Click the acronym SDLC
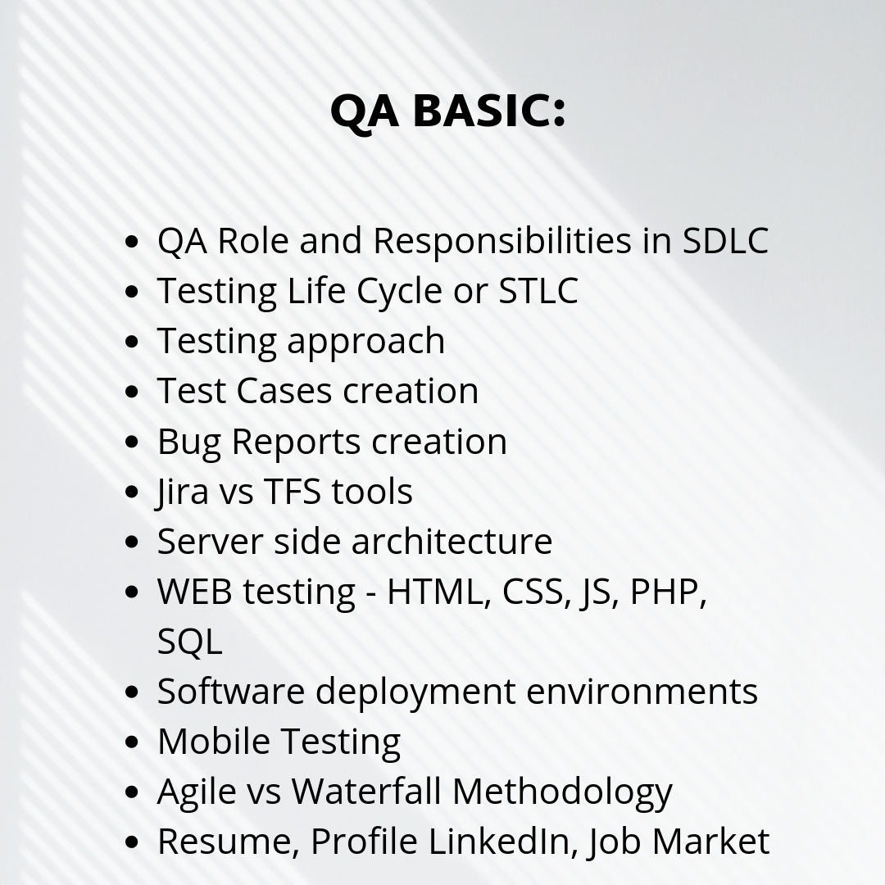(725, 240)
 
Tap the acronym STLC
(538, 291)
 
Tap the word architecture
(452, 541)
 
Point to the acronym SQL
(189, 642)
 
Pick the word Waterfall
(366, 791)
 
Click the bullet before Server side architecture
(131, 542)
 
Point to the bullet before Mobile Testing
(131, 742)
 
